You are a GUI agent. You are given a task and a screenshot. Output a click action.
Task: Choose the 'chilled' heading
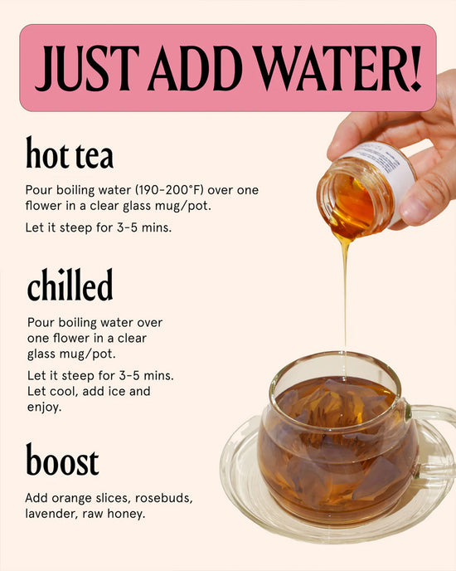70,285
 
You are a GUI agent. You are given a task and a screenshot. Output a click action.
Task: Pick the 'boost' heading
62,461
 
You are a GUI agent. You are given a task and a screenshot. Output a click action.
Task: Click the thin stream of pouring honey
345,290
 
